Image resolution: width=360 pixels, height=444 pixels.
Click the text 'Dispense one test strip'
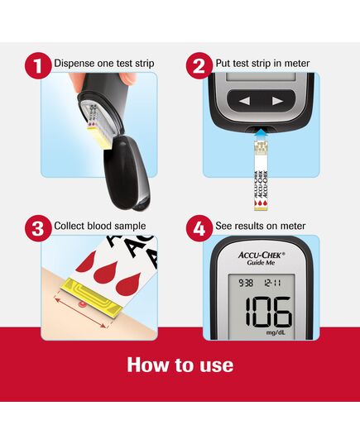click(103, 64)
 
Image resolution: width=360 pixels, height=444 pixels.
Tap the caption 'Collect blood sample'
click(99, 226)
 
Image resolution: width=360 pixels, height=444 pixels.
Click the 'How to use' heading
click(180, 365)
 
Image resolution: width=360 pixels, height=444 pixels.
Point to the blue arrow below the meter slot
click(262, 131)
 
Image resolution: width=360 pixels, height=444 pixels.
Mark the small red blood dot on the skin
click(81, 303)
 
